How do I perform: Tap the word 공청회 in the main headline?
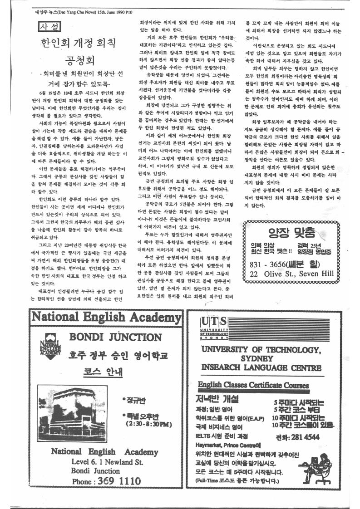click(79, 61)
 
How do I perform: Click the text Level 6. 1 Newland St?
click(107, 462)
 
